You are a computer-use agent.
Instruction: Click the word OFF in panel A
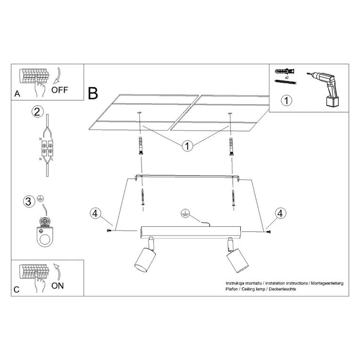point(60,90)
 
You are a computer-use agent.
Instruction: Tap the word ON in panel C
point(57,286)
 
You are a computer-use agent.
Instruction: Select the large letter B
point(93,93)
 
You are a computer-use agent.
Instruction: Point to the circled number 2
point(37,112)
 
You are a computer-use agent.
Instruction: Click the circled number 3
point(28,202)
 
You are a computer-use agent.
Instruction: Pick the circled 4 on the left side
point(95,213)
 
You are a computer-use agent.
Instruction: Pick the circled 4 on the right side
point(280,213)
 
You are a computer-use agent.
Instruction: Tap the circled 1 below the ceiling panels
point(188,146)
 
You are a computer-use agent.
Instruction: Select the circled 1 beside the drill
point(286,100)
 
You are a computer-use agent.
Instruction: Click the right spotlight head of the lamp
point(237,261)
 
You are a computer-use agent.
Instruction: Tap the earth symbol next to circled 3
point(41,198)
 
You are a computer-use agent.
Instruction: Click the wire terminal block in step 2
point(47,148)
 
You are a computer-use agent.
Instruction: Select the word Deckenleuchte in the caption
point(282,289)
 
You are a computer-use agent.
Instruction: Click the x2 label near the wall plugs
point(286,78)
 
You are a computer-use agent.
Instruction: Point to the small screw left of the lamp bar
point(109,230)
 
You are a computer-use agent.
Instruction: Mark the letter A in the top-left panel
point(17,94)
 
